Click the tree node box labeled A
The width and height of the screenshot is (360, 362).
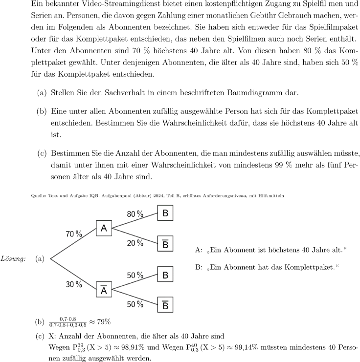(x=104, y=228)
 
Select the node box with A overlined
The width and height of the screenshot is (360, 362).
(x=104, y=291)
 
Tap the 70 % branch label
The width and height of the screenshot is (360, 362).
(x=74, y=234)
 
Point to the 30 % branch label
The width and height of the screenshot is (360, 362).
(x=74, y=284)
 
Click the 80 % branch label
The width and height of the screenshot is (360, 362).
(x=135, y=214)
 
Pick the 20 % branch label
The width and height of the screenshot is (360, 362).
(x=135, y=243)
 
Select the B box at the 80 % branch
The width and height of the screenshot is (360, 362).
(x=165, y=213)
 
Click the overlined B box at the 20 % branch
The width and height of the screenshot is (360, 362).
(x=165, y=244)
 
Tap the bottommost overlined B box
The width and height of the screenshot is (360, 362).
(x=165, y=305)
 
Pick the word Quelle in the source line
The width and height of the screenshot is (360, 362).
(x=37, y=195)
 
